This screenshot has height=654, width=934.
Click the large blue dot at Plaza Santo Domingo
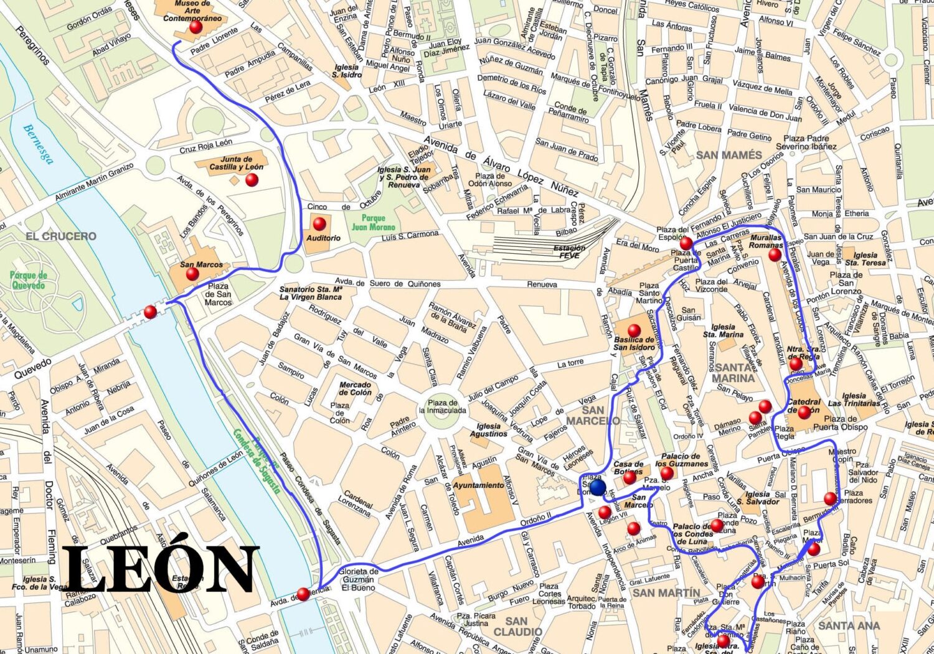point(598,487)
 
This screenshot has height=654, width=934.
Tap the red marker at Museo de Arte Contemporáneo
point(196,27)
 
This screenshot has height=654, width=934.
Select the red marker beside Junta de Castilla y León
point(252,180)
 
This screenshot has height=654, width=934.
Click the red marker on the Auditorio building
point(319,223)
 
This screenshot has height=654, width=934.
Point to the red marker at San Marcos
point(192,274)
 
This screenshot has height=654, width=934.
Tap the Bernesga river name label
point(38,144)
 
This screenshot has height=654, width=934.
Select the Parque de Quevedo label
point(28,280)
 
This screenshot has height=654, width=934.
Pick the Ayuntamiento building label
point(478,485)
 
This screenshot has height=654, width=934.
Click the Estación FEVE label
point(569,251)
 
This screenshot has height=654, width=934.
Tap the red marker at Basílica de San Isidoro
point(634,330)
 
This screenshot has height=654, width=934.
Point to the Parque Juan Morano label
point(373,223)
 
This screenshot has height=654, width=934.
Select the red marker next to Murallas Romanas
point(775,255)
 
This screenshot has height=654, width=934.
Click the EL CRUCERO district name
point(61,236)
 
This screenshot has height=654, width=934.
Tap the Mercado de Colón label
point(355,389)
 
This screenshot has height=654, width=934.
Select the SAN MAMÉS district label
point(729,155)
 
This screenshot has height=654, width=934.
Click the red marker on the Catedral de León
point(804,411)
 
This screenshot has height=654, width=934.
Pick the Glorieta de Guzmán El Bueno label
point(359,579)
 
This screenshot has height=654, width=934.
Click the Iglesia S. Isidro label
point(346,71)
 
